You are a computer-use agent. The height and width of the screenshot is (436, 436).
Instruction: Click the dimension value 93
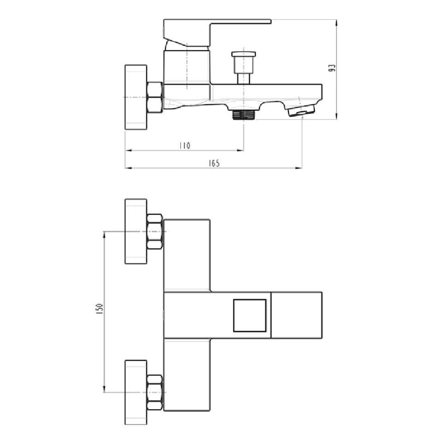pos(332,68)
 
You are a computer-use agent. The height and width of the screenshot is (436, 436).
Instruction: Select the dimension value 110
pos(184,146)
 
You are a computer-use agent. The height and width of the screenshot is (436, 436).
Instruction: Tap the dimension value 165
pos(214,163)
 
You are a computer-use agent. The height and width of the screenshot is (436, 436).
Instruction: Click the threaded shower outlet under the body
pos(243,114)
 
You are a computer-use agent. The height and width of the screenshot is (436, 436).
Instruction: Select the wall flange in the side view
pos(136,97)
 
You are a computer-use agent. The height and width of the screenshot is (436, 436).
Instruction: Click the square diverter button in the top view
pos(249,315)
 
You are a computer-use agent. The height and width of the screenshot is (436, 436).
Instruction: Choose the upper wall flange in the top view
pos(136,231)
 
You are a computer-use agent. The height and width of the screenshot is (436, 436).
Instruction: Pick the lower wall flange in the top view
pos(136,392)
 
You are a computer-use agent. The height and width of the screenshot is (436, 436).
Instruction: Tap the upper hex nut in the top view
pos(154,231)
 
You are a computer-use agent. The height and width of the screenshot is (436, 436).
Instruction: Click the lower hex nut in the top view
pos(154,392)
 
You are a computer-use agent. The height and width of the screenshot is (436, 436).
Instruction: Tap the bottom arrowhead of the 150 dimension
pos(105,389)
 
